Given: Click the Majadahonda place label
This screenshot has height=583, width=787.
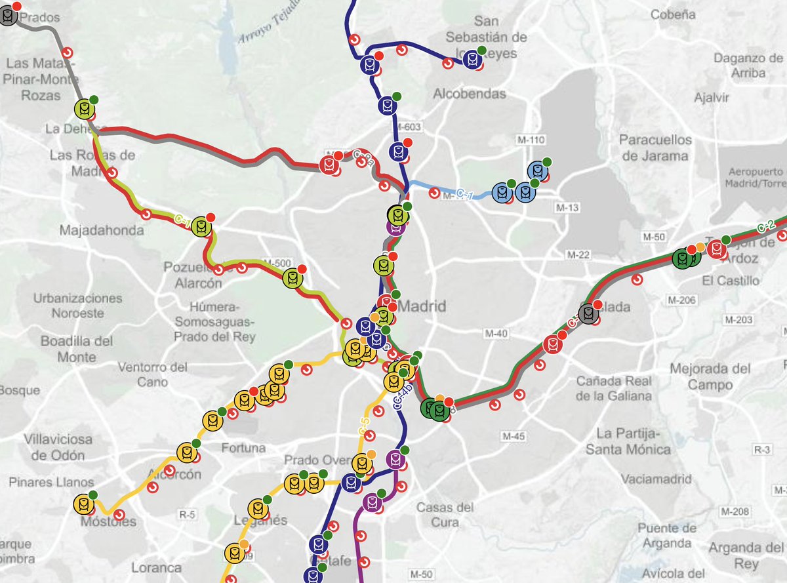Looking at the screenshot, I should tap(97, 231).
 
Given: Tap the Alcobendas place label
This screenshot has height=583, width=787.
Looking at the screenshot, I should tap(470, 94).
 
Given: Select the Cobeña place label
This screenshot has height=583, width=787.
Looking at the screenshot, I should tap(674, 14).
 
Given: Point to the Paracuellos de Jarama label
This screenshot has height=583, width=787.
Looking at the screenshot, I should tap(655, 148).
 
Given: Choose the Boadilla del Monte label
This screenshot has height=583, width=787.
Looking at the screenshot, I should tap(77, 349).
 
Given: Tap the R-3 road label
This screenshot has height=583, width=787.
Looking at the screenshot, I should tap(762, 450).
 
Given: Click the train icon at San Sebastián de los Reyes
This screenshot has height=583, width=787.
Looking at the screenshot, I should tap(472, 60).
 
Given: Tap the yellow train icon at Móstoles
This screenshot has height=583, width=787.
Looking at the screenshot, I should tap(83, 504).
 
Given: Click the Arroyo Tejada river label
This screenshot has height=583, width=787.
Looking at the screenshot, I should tap(264, 30).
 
